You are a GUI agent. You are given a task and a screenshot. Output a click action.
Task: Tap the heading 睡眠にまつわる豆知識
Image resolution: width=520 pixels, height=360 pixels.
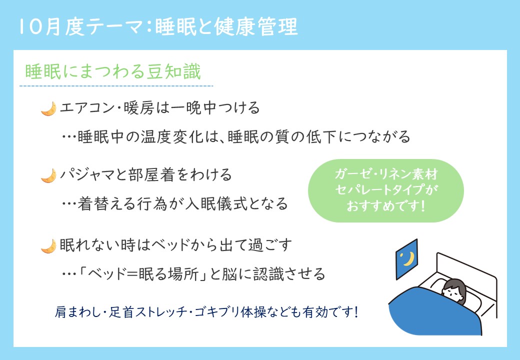pos(113,71)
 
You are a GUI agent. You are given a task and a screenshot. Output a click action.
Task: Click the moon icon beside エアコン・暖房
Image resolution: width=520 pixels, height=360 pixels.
pos(49,108)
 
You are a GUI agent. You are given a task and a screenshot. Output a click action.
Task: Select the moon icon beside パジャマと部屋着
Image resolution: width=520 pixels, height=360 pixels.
pos(49,175)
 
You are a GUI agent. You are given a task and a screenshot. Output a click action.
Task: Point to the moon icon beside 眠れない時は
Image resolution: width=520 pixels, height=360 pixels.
pos(49,246)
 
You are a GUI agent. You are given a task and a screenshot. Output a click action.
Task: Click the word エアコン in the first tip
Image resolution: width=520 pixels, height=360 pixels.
pos(87,108)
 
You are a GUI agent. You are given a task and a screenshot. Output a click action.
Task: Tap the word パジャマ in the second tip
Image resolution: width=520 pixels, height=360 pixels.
pos(87,174)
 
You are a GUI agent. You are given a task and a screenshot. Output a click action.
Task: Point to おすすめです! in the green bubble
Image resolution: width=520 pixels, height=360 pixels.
pos(385,205)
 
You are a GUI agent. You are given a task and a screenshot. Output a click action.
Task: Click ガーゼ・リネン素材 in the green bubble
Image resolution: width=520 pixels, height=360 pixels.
pos(386,174)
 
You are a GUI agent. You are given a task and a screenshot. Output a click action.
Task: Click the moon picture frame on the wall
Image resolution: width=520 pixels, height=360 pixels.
pos(407,259)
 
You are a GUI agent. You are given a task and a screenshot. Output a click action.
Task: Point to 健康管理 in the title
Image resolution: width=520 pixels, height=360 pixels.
pos(256,26)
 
